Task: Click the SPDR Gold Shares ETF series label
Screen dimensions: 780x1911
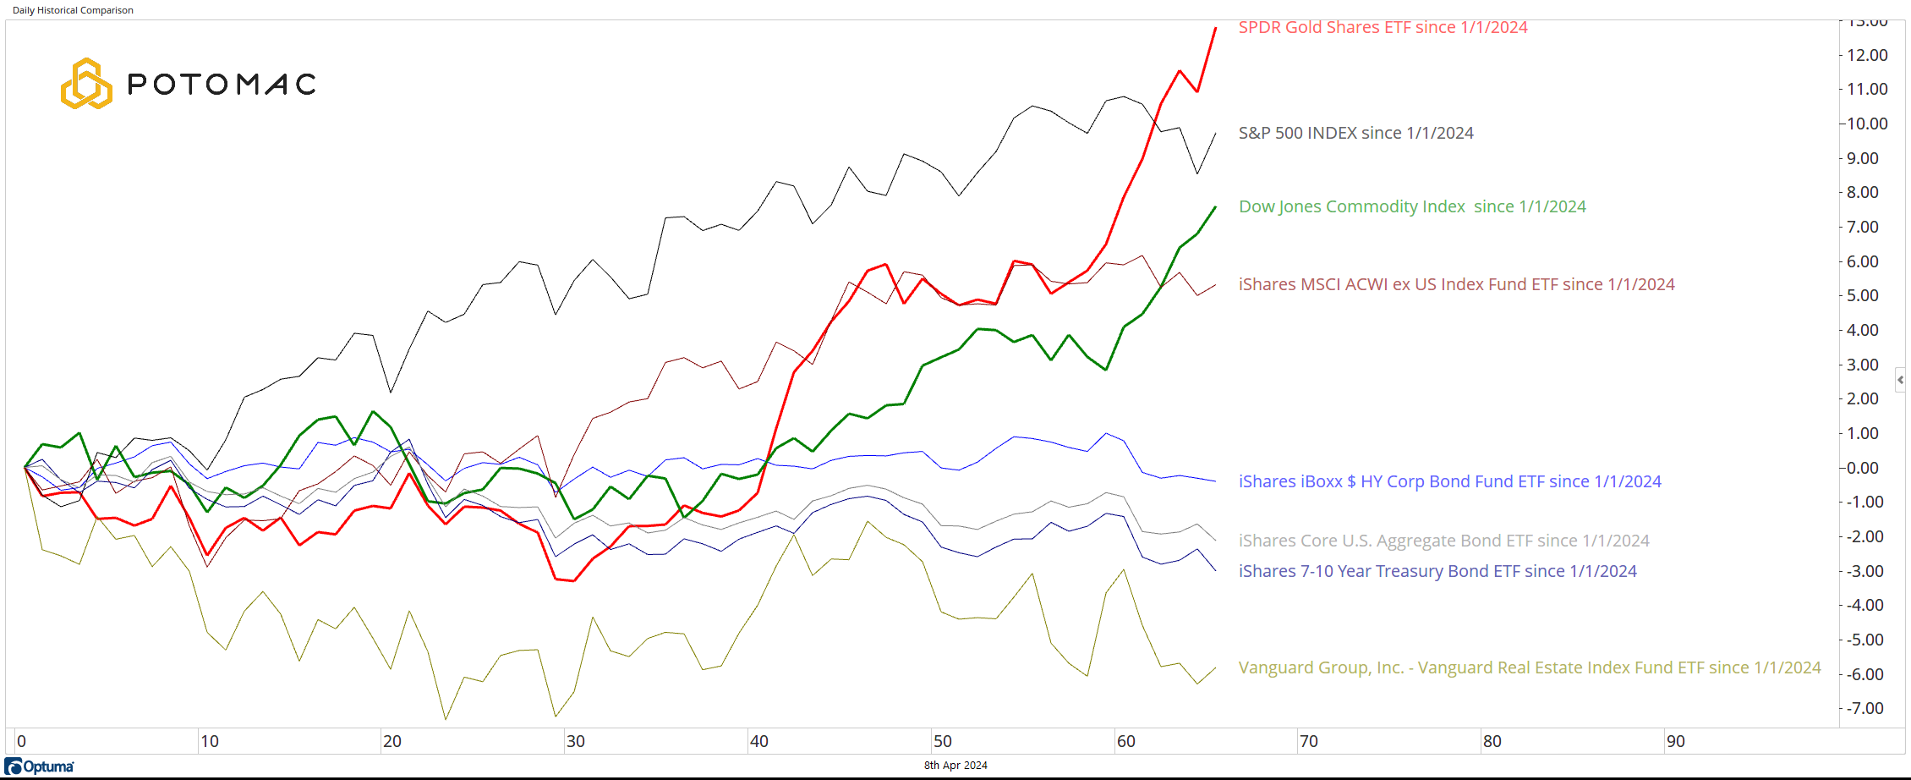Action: click(1383, 27)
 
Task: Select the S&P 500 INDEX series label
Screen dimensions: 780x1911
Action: click(1355, 133)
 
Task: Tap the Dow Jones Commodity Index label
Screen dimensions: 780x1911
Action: click(1412, 206)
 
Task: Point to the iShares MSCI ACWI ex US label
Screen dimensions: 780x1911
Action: click(1456, 284)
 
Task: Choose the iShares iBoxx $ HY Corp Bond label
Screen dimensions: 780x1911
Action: click(1449, 481)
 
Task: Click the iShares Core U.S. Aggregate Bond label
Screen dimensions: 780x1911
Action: click(1443, 541)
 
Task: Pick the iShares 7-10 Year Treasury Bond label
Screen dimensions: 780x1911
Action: click(1437, 571)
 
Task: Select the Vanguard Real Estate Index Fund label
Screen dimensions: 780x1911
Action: click(1529, 667)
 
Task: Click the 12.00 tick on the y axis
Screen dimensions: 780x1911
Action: click(1867, 55)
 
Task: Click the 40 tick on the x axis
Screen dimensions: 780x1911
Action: click(758, 741)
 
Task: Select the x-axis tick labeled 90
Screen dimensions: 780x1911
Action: click(1675, 741)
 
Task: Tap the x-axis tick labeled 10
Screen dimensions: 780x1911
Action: click(209, 741)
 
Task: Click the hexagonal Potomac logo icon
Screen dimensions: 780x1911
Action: click(86, 84)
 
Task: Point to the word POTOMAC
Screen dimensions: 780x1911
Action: click(222, 85)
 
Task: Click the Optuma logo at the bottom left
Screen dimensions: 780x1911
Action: click(40, 766)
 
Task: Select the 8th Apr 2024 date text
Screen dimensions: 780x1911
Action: click(955, 766)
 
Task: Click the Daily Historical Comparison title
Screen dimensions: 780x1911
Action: click(73, 10)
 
